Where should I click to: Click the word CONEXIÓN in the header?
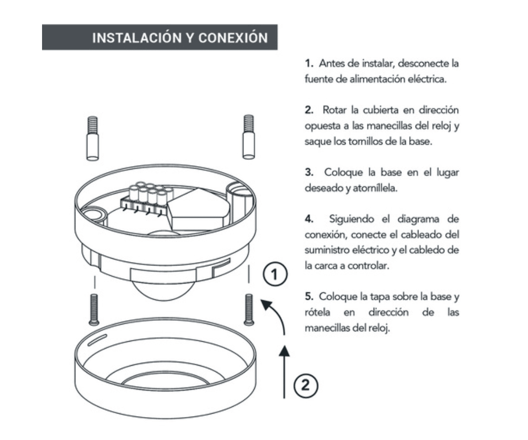[233, 38]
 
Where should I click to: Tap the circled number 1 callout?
[275, 274]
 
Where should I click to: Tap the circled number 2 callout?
[306, 385]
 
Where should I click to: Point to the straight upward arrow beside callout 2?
[285, 372]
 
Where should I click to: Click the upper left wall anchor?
[92, 138]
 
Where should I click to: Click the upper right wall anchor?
[248, 137]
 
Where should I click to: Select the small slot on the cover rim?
[97, 340]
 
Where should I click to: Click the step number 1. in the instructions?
[309, 63]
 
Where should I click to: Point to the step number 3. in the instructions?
[309, 173]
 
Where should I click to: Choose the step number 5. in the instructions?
[309, 297]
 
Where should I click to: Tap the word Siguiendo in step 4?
[352, 220]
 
